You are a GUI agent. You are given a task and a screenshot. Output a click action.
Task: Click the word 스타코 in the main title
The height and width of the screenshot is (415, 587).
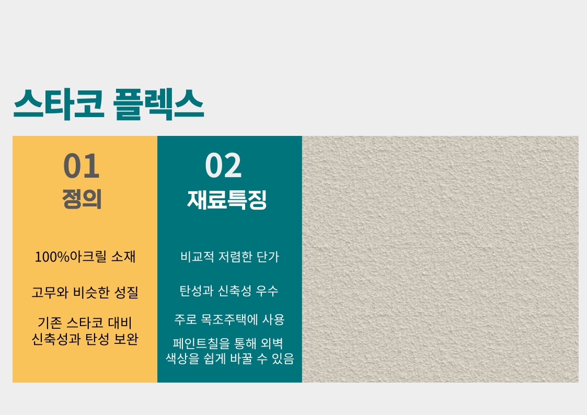(x=59, y=105)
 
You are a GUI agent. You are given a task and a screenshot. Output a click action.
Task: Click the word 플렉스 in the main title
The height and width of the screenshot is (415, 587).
(x=158, y=105)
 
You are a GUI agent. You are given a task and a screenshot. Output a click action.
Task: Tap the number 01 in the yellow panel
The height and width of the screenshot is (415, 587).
(x=82, y=166)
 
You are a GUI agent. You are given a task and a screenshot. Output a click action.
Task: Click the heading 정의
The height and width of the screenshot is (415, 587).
(x=82, y=199)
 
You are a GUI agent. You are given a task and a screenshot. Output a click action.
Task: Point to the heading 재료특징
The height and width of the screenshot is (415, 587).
(x=227, y=200)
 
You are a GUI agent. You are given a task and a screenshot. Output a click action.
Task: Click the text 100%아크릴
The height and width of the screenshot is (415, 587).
(x=71, y=257)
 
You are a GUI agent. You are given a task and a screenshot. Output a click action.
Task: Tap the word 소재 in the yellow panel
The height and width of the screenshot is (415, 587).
(x=123, y=257)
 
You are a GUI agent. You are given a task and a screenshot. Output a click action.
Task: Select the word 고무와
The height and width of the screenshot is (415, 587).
(x=50, y=292)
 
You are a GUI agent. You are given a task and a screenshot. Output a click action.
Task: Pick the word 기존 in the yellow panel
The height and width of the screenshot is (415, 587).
(x=50, y=322)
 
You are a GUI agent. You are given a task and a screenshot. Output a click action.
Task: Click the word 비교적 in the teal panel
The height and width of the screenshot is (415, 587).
(x=197, y=257)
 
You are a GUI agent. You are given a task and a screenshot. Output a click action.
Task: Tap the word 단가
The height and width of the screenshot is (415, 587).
(x=268, y=257)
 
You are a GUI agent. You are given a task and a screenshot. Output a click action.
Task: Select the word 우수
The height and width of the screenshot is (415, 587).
(x=267, y=291)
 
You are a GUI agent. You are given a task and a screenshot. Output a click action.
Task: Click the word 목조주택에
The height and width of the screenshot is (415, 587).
(x=229, y=319)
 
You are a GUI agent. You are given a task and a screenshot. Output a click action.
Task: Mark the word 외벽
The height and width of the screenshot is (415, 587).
(x=272, y=343)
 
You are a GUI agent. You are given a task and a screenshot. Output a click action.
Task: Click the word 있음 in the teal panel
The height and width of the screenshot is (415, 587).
(x=283, y=359)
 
